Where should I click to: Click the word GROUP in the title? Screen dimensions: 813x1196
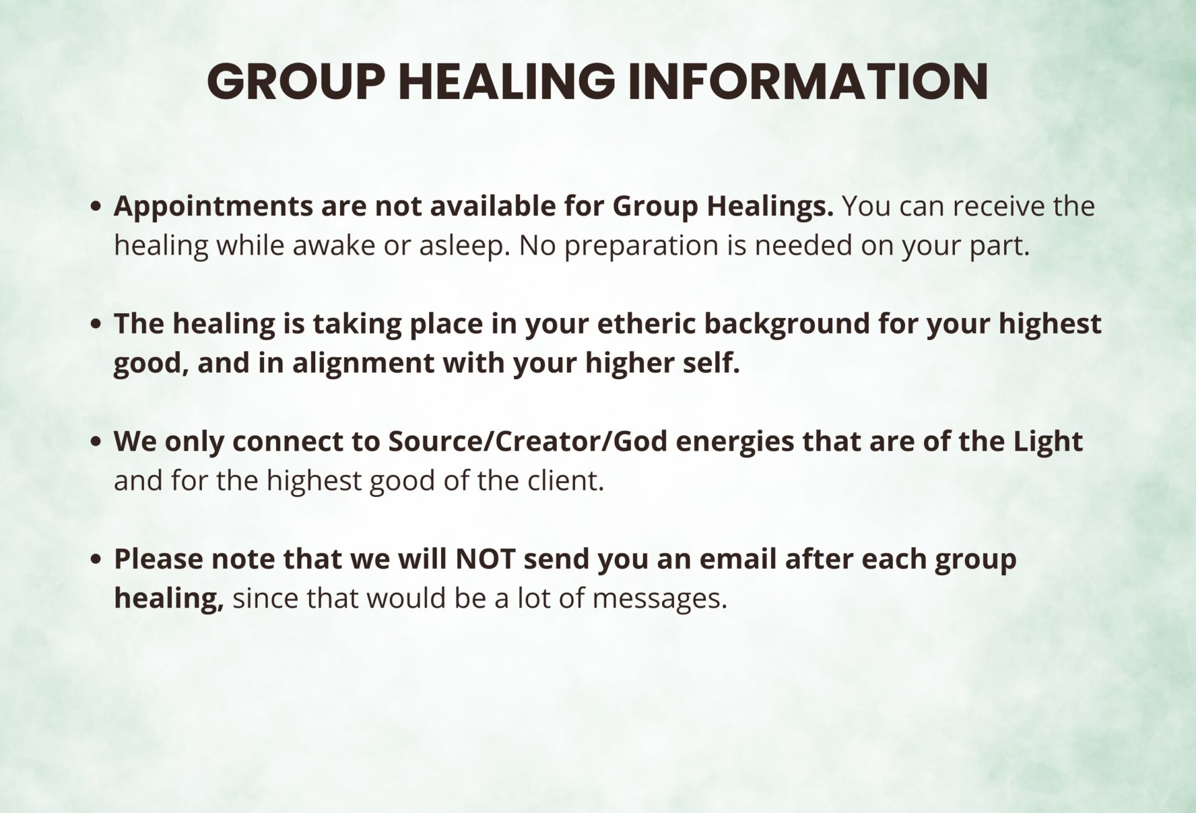coord(293,82)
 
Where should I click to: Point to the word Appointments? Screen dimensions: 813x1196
coord(213,207)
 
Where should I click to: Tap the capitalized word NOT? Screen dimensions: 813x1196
coord(485,560)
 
